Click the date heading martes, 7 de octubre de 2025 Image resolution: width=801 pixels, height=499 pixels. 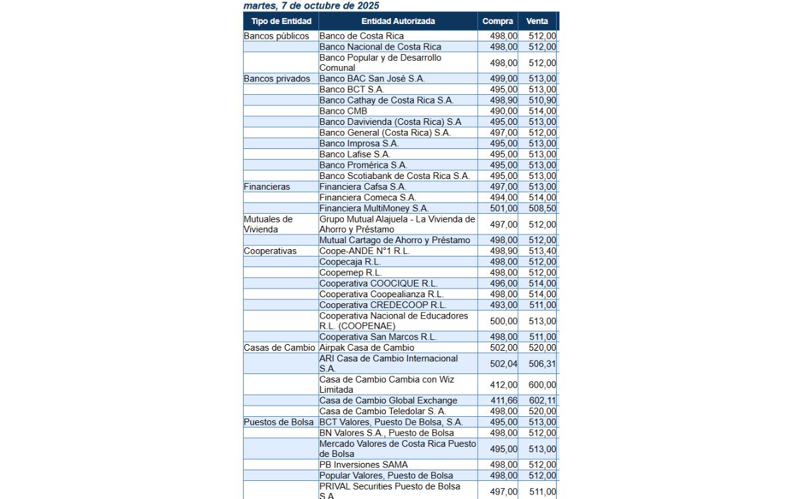click(x=312, y=5)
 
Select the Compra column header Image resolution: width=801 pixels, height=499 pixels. click(x=498, y=21)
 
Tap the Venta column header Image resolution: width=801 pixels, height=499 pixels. click(x=537, y=21)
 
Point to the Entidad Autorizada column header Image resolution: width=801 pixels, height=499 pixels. click(x=398, y=21)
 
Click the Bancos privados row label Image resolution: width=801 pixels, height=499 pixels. click(x=277, y=79)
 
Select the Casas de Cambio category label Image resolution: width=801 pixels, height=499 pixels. click(x=280, y=348)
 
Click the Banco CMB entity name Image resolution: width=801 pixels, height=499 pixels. click(x=343, y=111)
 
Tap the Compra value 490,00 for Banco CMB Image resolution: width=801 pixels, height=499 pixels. click(x=503, y=111)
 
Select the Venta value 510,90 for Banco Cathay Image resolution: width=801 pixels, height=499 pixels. click(x=542, y=100)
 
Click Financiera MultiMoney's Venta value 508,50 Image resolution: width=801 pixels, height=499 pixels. click(x=542, y=208)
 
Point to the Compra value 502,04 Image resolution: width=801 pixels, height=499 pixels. click(x=503, y=364)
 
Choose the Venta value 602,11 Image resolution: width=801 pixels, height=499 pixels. click(x=542, y=401)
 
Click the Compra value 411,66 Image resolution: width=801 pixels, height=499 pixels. click(x=503, y=401)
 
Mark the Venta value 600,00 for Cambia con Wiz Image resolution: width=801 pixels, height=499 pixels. click(x=542, y=385)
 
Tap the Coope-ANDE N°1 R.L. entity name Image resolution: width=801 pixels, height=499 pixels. click(x=364, y=251)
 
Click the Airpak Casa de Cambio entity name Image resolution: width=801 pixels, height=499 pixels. click(x=366, y=348)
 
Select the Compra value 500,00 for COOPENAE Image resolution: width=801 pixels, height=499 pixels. click(x=503, y=321)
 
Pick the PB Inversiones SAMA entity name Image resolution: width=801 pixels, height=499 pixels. click(x=363, y=465)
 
